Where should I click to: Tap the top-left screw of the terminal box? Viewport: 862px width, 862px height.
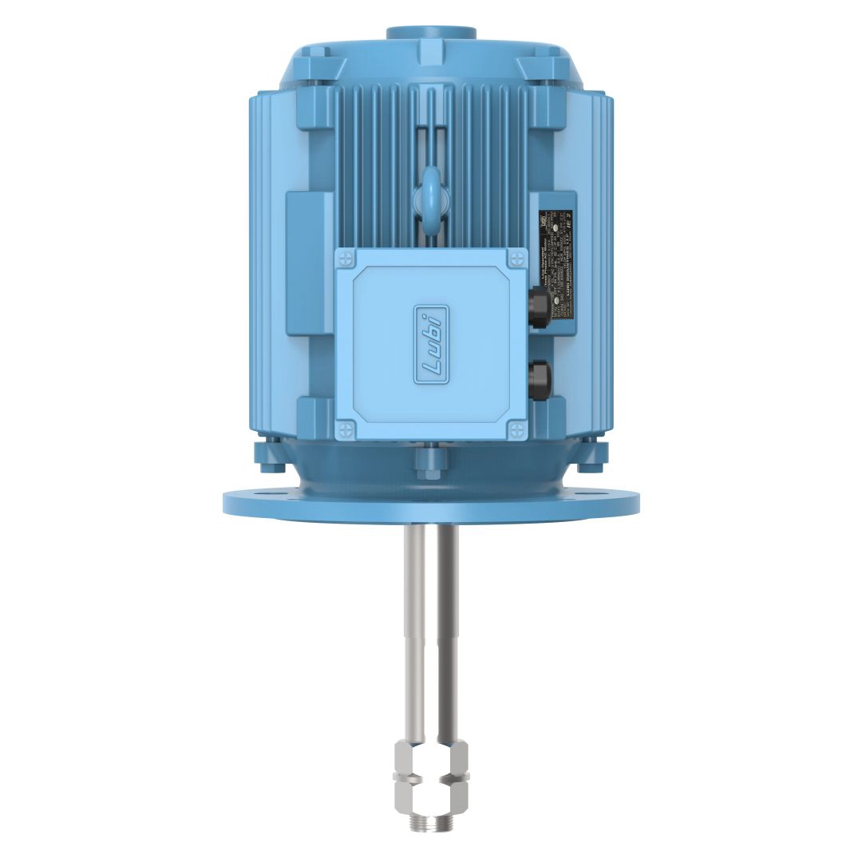(x=345, y=258)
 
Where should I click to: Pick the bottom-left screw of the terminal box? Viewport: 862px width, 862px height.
(x=345, y=432)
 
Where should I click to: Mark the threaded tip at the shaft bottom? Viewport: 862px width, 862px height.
(x=431, y=818)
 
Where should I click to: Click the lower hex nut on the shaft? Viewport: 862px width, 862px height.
(x=431, y=793)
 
